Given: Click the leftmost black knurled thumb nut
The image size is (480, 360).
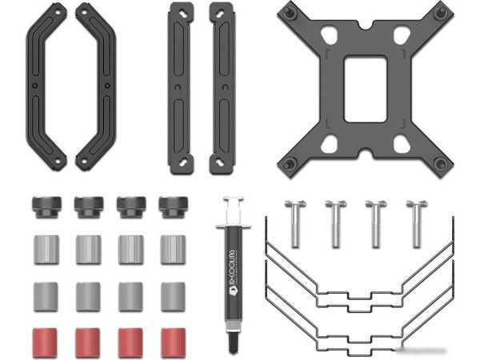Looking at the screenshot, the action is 46,207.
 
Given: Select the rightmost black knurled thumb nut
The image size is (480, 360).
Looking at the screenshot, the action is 174,207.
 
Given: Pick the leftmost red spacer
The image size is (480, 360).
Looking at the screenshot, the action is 45,342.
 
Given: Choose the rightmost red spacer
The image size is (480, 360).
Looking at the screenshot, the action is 174,342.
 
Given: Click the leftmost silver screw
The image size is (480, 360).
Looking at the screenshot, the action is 294,224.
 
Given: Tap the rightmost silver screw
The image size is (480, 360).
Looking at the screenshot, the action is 417,224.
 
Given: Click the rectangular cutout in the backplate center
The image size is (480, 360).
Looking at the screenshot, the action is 366,89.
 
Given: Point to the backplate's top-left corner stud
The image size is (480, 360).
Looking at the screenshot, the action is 287,13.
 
